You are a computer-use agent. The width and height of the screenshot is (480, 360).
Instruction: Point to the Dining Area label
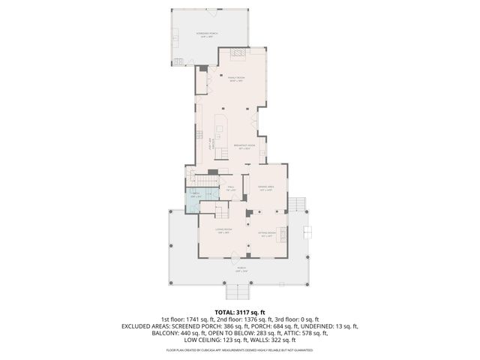pos(265,187)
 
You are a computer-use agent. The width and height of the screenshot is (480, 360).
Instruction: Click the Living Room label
pos(223,230)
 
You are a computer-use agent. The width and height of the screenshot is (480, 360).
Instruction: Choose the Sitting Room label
pos(265,235)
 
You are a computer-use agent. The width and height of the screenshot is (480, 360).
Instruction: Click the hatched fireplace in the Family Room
pos(238,55)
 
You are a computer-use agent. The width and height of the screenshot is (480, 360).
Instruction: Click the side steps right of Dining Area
pos(298,204)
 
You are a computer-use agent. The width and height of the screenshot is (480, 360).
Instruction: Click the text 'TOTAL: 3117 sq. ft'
pos(240,312)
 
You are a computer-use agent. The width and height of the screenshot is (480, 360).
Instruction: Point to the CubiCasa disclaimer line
pos(240,350)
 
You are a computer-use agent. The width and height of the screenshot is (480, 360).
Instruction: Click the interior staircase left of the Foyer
pos(204,182)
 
